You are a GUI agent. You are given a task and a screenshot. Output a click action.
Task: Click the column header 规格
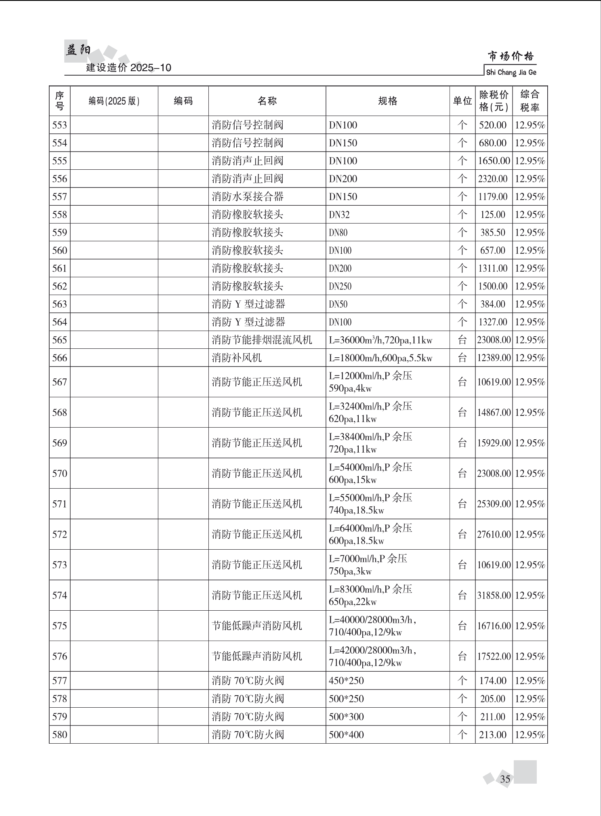pyautogui.click(x=387, y=101)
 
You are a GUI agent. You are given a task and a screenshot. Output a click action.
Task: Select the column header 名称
pyautogui.click(x=267, y=101)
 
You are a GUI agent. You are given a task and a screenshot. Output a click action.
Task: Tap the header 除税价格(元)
pyautogui.click(x=494, y=101)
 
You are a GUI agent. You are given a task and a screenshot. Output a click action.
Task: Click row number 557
pyautogui.click(x=59, y=197)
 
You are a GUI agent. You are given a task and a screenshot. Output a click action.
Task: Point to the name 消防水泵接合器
pyautogui.click(x=248, y=197)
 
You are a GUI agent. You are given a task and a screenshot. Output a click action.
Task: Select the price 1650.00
pyautogui.click(x=494, y=161)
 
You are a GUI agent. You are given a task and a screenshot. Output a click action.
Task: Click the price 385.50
pyautogui.click(x=493, y=232)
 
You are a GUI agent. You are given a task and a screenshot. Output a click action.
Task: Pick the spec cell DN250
pyautogui.click(x=340, y=286)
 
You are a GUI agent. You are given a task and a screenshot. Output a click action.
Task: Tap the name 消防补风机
pyautogui.click(x=237, y=358)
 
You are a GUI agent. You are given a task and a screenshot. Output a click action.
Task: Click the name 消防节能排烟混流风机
pyautogui.click(x=262, y=340)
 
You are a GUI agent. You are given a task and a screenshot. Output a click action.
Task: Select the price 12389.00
pyautogui.click(x=494, y=358)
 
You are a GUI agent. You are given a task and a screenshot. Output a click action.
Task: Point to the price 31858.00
pyautogui.click(x=494, y=595)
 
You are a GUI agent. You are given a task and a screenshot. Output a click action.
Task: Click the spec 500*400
pyautogui.click(x=346, y=734)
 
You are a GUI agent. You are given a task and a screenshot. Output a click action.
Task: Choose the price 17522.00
pyautogui.click(x=494, y=656)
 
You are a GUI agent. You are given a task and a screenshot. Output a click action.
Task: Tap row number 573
pyautogui.click(x=59, y=565)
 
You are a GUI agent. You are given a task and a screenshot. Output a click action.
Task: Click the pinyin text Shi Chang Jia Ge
pyautogui.click(x=511, y=72)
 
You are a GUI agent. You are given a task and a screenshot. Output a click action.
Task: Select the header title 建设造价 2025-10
pyautogui.click(x=128, y=67)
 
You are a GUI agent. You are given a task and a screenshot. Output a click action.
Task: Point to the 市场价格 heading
pyautogui.click(x=511, y=56)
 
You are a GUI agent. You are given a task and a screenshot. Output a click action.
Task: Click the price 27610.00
pyautogui.click(x=494, y=534)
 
